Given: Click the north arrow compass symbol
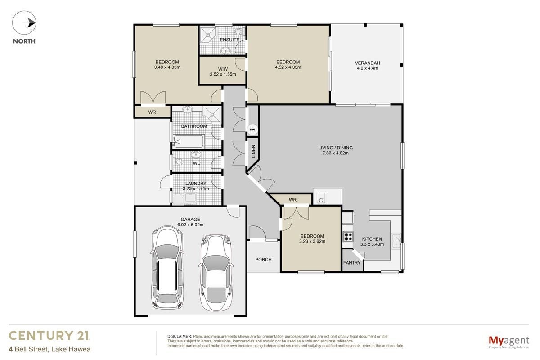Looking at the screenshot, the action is [24, 23].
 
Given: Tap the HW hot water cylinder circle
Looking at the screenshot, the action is [252, 130].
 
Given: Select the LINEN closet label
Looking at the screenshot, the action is [253, 152].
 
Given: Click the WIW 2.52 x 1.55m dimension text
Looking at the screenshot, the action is [223, 74].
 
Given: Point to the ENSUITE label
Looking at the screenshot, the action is [229, 40].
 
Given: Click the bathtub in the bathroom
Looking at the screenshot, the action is [188, 142].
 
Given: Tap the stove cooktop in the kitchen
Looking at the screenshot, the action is [348, 237].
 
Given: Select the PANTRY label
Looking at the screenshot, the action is [352, 263].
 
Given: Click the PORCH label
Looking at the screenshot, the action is [263, 260].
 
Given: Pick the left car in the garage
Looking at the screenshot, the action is [167, 268].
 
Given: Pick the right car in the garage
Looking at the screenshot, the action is [216, 272].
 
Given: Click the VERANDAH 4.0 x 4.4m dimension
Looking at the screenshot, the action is [367, 68].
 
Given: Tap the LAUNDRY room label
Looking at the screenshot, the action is [196, 184].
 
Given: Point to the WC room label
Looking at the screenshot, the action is [197, 163].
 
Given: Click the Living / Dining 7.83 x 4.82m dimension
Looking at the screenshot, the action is [336, 153].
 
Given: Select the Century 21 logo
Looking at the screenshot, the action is [49, 335].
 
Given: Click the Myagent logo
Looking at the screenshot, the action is [509, 342].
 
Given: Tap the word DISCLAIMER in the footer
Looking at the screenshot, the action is [180, 336].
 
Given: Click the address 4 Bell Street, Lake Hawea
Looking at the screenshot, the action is [49, 349].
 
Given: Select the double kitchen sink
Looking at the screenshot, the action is [396, 241].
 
